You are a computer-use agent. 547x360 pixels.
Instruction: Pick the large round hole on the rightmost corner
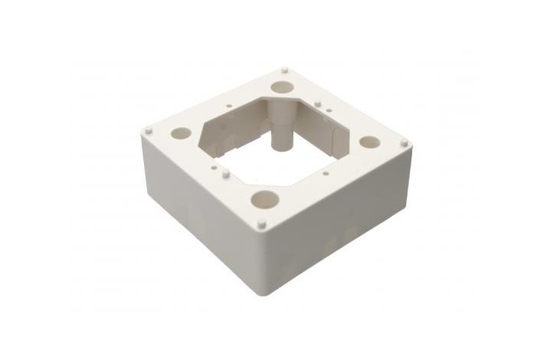tap(370, 142)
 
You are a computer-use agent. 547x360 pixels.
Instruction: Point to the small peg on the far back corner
tap(284, 68)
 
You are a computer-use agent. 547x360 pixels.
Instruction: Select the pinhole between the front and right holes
tap(327, 173)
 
